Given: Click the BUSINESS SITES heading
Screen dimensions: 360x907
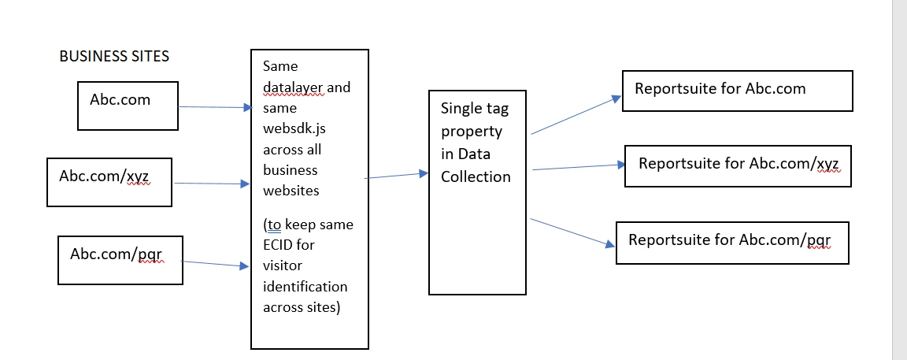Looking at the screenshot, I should click(114, 57).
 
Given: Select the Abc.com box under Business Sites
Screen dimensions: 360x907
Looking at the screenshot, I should click(128, 104).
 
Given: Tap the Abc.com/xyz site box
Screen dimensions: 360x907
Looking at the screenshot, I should click(109, 182).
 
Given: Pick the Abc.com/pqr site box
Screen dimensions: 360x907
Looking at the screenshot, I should click(120, 259).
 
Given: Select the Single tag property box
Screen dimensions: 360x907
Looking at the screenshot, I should click(477, 192).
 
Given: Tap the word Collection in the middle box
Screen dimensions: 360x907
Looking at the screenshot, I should click(476, 176).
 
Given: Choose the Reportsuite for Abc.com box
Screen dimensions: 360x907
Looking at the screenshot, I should click(737, 91).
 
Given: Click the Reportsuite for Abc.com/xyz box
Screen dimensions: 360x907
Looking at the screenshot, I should click(738, 165).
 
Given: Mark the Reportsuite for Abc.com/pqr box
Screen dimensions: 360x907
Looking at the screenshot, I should click(732, 243).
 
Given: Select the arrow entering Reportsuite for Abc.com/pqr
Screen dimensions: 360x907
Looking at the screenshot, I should click(572, 232).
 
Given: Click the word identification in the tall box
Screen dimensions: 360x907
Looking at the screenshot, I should click(305, 285).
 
